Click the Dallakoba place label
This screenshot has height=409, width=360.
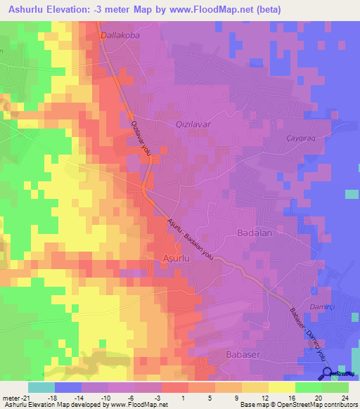coord(122,32)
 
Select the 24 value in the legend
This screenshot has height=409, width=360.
coord(345,397)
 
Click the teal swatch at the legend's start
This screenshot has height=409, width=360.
coord(41,387)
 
